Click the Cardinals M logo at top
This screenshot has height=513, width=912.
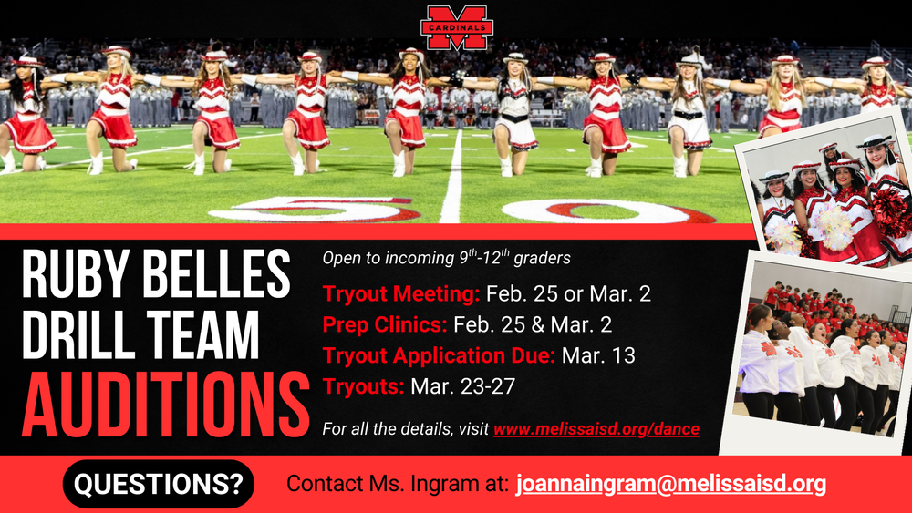pyautogui.click(x=457, y=26)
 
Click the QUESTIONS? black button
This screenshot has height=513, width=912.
pyautogui.click(x=159, y=483)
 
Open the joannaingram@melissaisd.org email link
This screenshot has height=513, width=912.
pyautogui.click(x=670, y=483)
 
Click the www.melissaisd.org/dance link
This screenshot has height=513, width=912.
pyautogui.click(x=596, y=427)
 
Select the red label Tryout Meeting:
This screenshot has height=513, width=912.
pyautogui.click(x=400, y=294)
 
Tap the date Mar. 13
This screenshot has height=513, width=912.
pyautogui.click(x=598, y=355)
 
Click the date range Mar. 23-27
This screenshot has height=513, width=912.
pyautogui.click(x=462, y=385)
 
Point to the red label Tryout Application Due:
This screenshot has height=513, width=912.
pyautogui.click(x=439, y=355)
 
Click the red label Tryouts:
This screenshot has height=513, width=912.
pyautogui.click(x=363, y=385)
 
